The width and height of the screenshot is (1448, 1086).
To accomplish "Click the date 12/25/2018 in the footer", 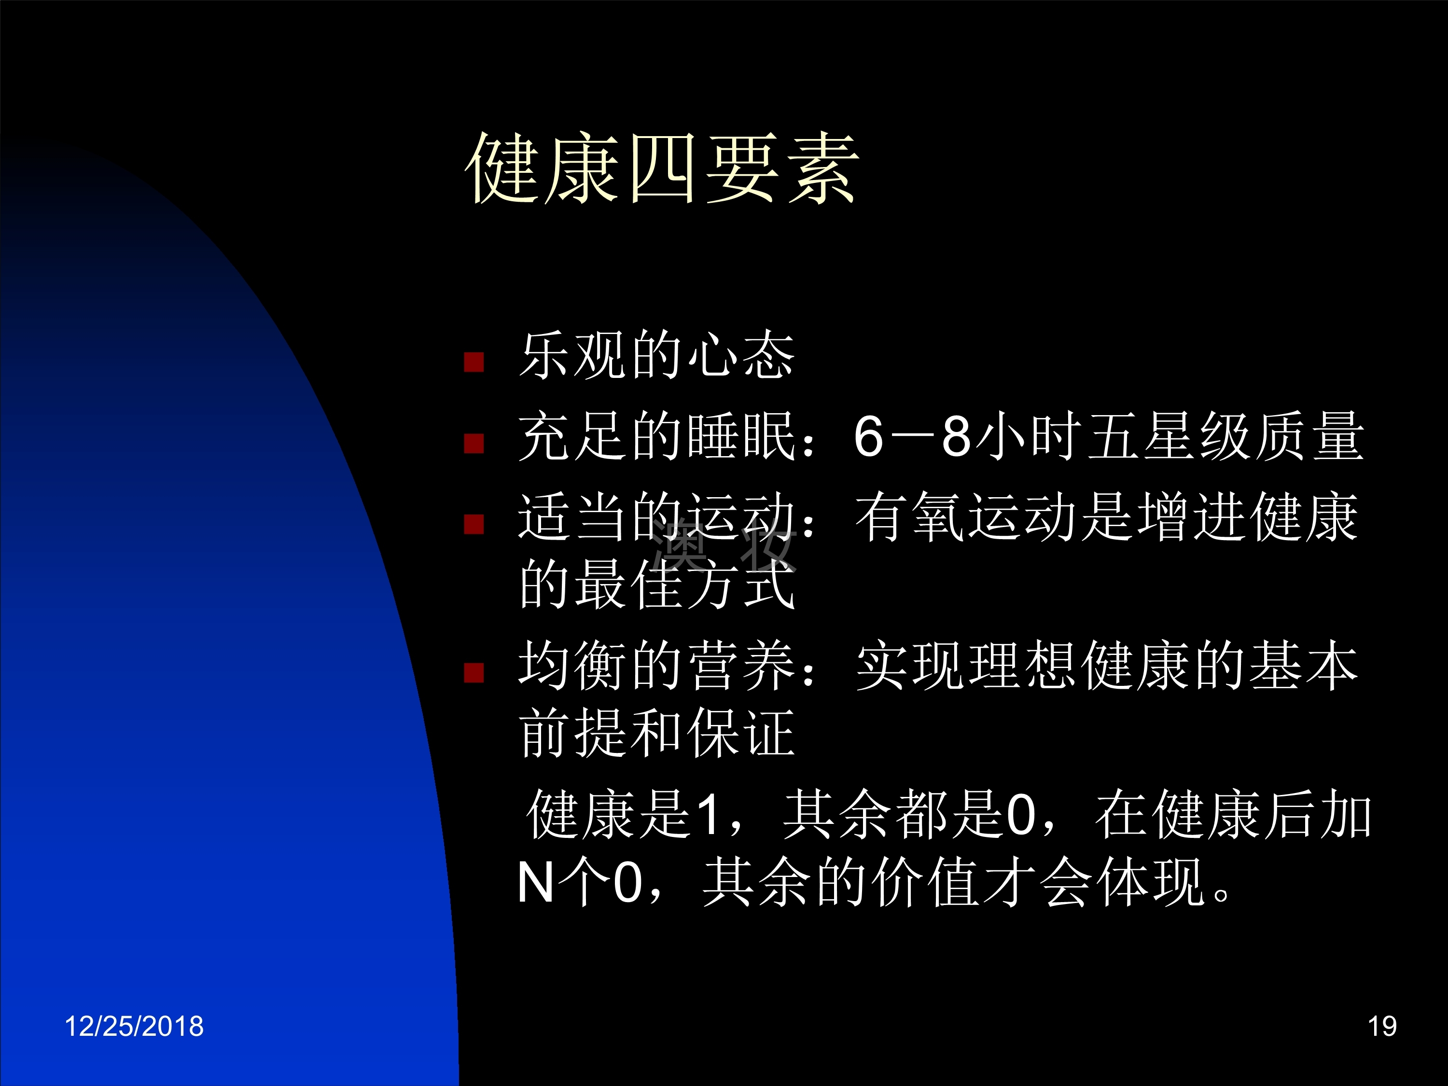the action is click(134, 1026).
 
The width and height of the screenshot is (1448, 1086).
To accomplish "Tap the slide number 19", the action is click(1382, 1026).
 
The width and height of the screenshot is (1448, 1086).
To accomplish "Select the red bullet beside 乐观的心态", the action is click(473, 362).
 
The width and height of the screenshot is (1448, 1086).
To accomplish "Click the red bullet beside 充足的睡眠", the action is click(473, 444).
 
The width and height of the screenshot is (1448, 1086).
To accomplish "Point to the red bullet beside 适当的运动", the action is click(473, 524).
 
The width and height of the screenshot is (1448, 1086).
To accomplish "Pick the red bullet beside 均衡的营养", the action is click(473, 672).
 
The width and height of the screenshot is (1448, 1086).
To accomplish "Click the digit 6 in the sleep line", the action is click(869, 437).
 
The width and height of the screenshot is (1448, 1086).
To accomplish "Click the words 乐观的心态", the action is click(656, 355).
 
